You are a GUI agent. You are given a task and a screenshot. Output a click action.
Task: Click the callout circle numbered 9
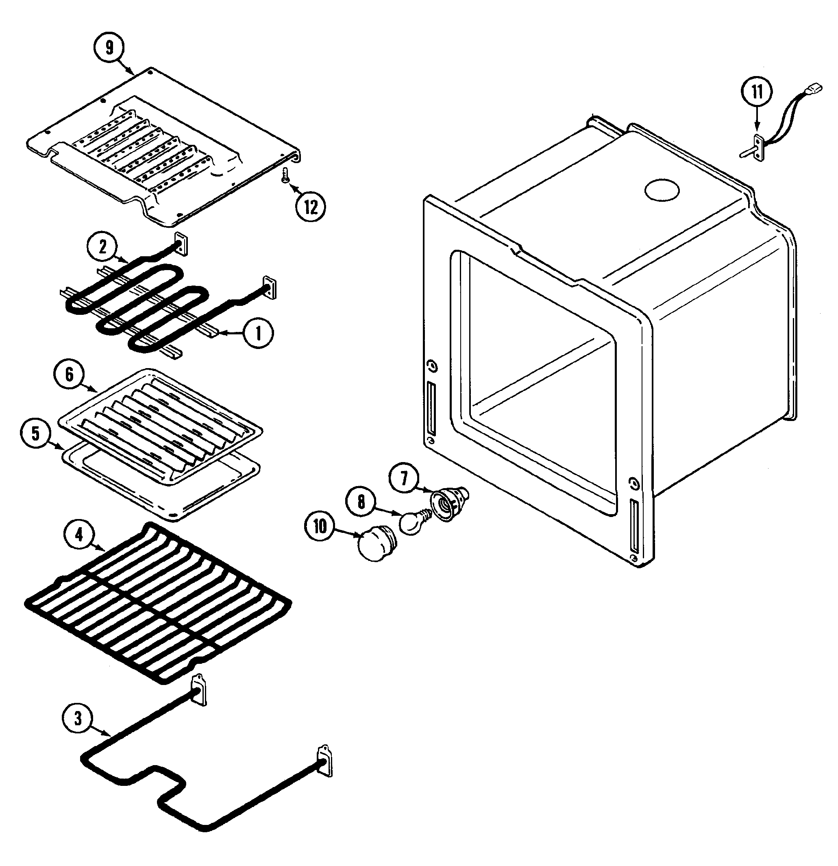(109, 48)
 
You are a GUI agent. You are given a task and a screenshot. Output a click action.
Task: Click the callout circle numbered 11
(757, 92)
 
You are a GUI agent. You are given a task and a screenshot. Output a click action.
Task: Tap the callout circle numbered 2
(102, 246)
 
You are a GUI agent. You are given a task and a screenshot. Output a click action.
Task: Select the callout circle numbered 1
(259, 334)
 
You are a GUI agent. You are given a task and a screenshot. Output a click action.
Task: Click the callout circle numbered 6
(69, 375)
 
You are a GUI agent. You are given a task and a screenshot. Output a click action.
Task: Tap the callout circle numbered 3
(78, 719)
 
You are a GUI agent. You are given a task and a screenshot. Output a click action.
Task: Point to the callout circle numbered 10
(320, 526)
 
